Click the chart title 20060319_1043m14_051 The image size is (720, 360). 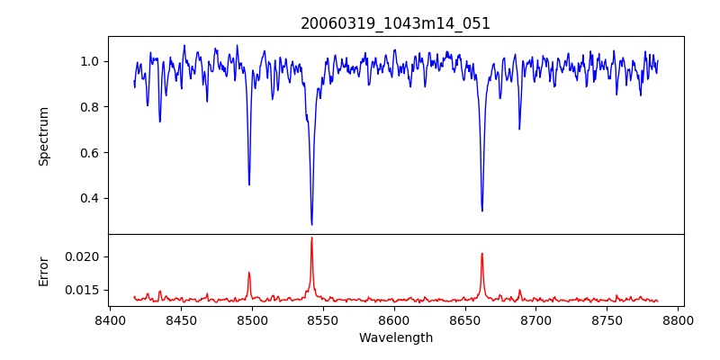pyautogui.click(x=396, y=23)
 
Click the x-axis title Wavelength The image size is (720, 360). pyautogui.click(x=396, y=337)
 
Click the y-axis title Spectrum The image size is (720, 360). pyautogui.click(x=43, y=136)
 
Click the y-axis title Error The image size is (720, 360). pyautogui.click(x=43, y=270)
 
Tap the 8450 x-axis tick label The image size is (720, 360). pyautogui.click(x=181, y=319)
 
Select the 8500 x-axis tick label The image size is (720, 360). pyautogui.click(x=252, y=319)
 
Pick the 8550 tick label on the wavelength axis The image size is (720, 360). pyautogui.click(x=323, y=319)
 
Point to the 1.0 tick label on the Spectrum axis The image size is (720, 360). pyautogui.click(x=90, y=61)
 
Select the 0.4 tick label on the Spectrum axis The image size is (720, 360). pyautogui.click(x=90, y=198)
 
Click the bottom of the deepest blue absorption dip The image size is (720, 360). pyautogui.click(x=311, y=224)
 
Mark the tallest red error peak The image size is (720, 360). pyautogui.click(x=311, y=238)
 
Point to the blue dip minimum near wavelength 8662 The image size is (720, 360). pyautogui.click(x=482, y=211)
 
